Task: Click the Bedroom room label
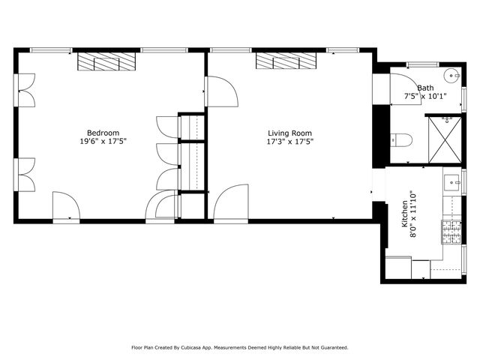pos(103,133)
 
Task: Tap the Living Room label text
pos(289,133)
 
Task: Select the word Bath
pos(425,88)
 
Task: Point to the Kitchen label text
pos(405,214)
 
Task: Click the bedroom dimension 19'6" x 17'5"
pos(103,141)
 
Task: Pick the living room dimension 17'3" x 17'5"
pos(289,141)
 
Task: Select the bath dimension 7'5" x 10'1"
pos(425,96)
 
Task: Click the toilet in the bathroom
pos(400,139)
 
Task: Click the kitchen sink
pos(453,181)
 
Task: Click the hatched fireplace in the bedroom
pos(105,61)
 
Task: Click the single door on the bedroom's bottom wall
pos(64,205)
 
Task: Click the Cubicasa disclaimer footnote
pos(240,347)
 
